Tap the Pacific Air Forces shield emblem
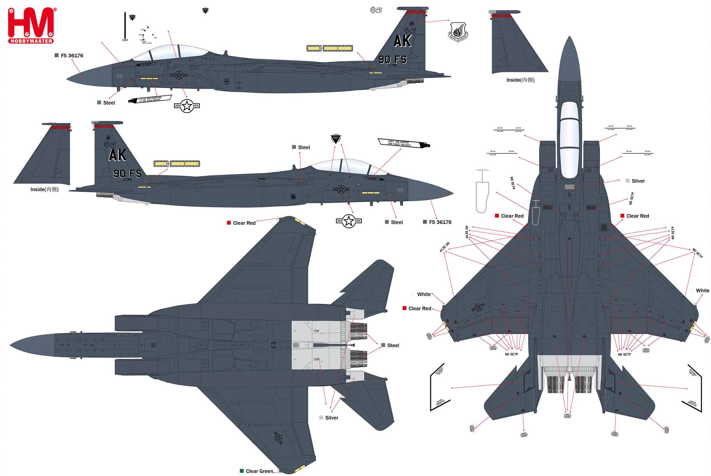tap(458, 32)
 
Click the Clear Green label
tap(259, 471)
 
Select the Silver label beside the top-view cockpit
tap(638, 181)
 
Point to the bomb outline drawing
tap(482, 191)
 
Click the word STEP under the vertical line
tap(125, 40)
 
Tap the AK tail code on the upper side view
tap(402, 41)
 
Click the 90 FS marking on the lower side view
tap(127, 173)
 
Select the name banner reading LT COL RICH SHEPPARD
tap(150, 99)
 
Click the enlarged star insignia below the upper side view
tap(187, 106)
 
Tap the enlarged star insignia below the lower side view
tap(348, 221)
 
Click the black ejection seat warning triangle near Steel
tap(336, 139)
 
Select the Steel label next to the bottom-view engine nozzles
tap(393, 345)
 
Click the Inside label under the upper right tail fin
tap(520, 80)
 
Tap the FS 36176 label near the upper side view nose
tap(72, 56)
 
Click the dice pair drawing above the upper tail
tap(376, 10)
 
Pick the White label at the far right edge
tap(702, 290)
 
